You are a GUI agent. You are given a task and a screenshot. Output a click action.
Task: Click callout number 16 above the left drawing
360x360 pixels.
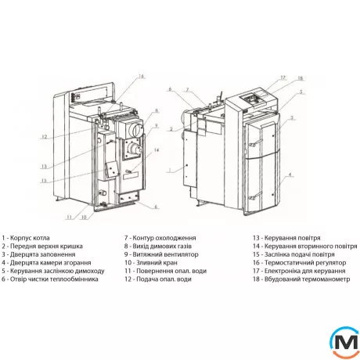pyautogui.click(x=141, y=76)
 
